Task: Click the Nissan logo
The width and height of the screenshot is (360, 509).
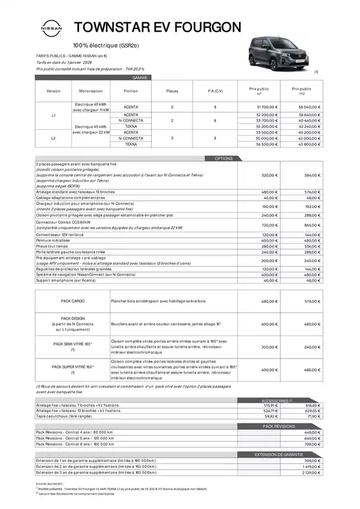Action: pos(51,29)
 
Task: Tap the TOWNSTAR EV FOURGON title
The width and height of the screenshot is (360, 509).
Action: pos(158,27)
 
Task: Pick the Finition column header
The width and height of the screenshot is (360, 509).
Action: pos(130,91)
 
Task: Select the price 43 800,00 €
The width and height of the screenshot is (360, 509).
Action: pos(309,145)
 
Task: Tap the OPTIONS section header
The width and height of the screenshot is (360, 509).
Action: pos(223,158)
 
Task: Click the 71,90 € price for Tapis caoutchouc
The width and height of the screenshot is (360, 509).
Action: pos(312,416)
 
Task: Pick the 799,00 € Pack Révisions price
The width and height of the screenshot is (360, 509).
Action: pos(312,443)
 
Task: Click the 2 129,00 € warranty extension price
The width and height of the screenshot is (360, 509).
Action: pos(311,472)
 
